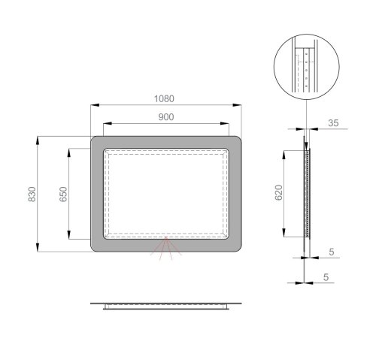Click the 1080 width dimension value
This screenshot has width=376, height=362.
pyautogui.click(x=166, y=98)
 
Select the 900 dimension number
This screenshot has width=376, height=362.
pyautogui.click(x=166, y=116)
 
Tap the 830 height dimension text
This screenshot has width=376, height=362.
pyautogui.click(x=31, y=194)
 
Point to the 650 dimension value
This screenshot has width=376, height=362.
pyautogui.click(x=64, y=194)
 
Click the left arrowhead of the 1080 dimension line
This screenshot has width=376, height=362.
pyautogui.click(x=92, y=107)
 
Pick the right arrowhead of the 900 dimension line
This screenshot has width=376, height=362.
pyautogui.click(x=229, y=125)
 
